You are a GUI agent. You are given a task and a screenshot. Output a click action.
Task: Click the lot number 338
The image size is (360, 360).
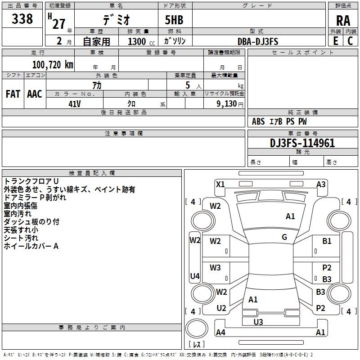click(x=22, y=18)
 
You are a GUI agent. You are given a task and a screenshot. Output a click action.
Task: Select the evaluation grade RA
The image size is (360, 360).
click(x=343, y=21)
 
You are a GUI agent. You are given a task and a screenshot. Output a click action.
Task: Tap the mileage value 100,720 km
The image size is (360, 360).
click(x=53, y=65)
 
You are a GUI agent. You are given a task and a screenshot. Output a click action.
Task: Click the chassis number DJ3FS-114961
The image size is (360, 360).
click(x=302, y=143)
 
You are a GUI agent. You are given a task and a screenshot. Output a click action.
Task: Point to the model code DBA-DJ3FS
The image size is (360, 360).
click(x=258, y=41)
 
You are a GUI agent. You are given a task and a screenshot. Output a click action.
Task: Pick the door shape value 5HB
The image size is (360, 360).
click(x=174, y=20)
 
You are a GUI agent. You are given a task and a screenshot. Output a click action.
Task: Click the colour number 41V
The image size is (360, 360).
click(x=75, y=104)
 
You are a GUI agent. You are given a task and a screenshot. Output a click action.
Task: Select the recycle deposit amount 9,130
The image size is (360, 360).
click(x=227, y=103)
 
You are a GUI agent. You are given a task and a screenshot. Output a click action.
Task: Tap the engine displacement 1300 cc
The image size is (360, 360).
click(x=141, y=41)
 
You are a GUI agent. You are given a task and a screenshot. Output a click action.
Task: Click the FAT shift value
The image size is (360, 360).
click(x=13, y=94)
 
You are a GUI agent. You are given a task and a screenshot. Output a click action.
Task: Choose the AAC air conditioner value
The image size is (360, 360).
click(x=35, y=94)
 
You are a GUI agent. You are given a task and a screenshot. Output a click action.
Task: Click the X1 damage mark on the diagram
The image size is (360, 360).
click(x=220, y=184)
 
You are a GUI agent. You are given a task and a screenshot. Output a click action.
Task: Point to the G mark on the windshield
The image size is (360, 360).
click(x=284, y=237)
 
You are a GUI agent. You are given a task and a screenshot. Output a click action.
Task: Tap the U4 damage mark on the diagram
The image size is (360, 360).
click(x=195, y=276)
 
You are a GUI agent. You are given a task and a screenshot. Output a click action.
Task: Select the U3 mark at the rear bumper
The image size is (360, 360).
click(x=258, y=322)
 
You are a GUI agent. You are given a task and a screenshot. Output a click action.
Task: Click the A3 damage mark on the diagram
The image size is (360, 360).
click(x=321, y=184)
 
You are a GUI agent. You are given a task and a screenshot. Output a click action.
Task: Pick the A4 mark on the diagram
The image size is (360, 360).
click(x=220, y=332)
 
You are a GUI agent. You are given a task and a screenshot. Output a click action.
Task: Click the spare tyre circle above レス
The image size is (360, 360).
click(x=197, y=328)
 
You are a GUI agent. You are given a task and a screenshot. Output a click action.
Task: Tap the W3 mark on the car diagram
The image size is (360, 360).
click(x=215, y=267)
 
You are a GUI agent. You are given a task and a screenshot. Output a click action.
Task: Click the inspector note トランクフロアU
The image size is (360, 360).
click(x=31, y=181)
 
